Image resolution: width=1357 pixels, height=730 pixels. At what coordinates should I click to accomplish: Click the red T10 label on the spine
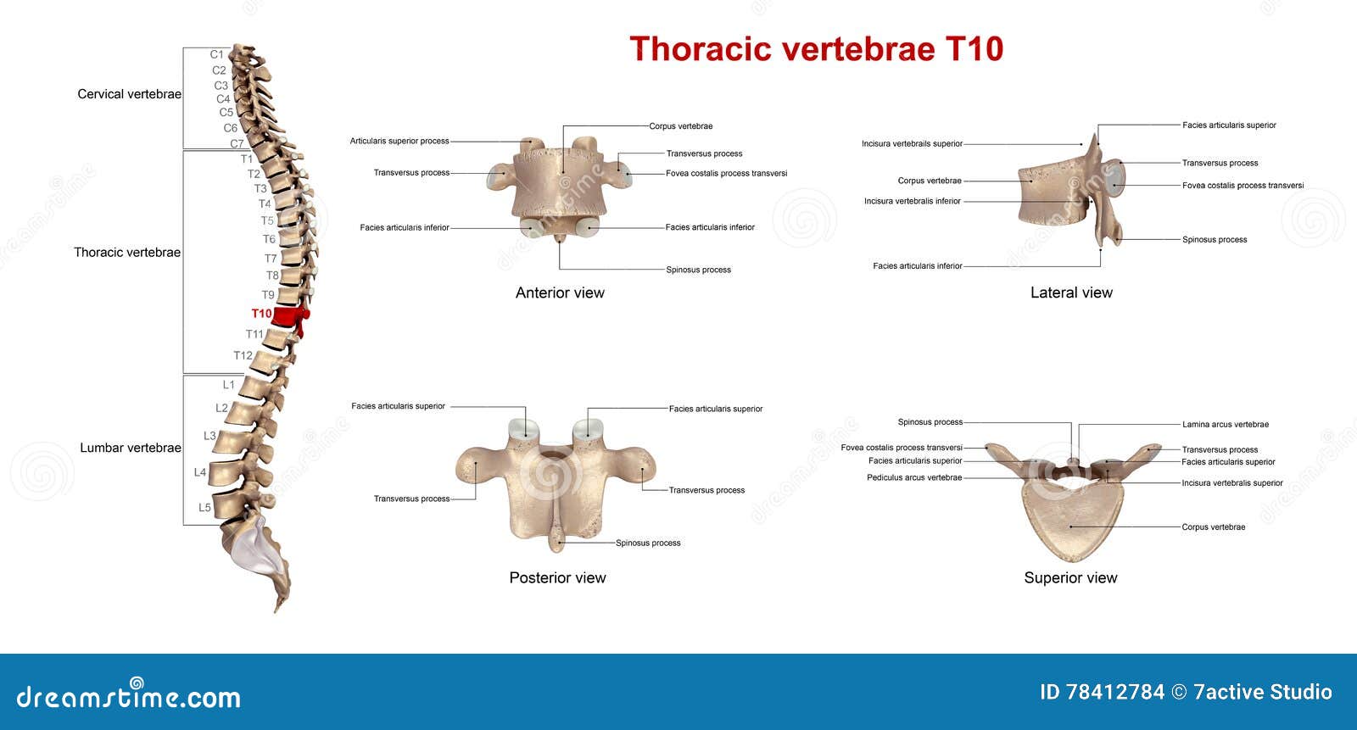point(261,314)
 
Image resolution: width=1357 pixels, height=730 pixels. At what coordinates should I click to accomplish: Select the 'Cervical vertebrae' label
point(129,94)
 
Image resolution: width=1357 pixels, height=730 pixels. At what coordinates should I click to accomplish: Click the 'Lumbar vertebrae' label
point(131,448)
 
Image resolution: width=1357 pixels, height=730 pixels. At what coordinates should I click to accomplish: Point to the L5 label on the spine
point(204,508)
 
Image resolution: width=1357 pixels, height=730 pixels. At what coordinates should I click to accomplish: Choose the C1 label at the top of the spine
point(217,54)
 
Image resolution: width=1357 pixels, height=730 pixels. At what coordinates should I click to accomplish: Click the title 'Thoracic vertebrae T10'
point(816,48)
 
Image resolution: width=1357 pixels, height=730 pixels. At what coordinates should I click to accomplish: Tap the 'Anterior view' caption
point(560,293)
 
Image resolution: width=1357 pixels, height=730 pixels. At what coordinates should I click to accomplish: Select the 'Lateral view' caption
point(1071,293)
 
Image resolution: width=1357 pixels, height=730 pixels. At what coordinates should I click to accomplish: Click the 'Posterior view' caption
point(557,577)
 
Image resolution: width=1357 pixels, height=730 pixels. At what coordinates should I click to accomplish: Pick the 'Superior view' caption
point(1070,577)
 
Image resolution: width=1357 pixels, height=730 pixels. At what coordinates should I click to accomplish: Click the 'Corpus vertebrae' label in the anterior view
point(680,126)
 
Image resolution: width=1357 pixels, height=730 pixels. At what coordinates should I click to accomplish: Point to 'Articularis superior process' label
point(399,141)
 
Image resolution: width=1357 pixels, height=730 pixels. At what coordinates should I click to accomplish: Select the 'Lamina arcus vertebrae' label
point(1226,425)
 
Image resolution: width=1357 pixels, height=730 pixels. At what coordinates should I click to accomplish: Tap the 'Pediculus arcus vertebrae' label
point(914,477)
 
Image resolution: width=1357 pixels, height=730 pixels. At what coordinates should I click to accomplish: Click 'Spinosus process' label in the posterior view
point(648,543)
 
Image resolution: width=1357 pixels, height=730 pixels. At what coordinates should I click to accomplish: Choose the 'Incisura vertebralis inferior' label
point(913,202)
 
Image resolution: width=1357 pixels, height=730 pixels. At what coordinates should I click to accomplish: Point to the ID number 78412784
point(1102,692)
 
